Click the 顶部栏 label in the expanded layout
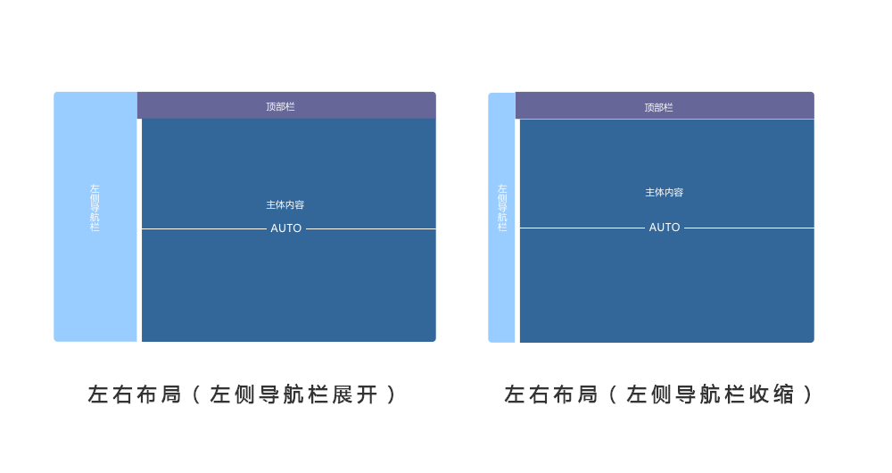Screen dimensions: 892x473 [x=280, y=106]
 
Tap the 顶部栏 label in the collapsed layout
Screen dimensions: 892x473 [x=659, y=107]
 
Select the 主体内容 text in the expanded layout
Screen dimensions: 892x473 [x=285, y=204]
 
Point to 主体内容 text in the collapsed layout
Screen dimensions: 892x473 [x=664, y=193]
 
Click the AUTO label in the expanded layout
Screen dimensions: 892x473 [x=286, y=228]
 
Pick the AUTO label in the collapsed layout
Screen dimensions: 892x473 [x=665, y=227]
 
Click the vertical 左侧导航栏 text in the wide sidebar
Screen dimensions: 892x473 [x=95, y=207]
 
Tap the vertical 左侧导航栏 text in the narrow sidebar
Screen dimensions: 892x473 [x=502, y=207]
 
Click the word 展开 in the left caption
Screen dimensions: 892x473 [x=355, y=394]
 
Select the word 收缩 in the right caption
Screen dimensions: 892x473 [x=772, y=394]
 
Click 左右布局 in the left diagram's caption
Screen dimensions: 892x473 [x=135, y=394]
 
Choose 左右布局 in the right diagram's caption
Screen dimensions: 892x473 [x=551, y=394]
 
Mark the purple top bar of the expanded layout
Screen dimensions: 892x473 [x=286, y=105]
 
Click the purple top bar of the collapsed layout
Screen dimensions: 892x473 [x=665, y=106]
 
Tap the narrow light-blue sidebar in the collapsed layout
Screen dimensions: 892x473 [x=501, y=218]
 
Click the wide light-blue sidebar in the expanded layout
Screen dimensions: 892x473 [x=95, y=217]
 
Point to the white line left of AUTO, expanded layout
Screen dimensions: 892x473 [x=204, y=228]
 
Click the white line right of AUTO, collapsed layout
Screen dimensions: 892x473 [x=749, y=228]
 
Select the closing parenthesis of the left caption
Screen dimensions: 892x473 [x=392, y=394]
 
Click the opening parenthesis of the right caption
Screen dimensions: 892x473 [x=613, y=394]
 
